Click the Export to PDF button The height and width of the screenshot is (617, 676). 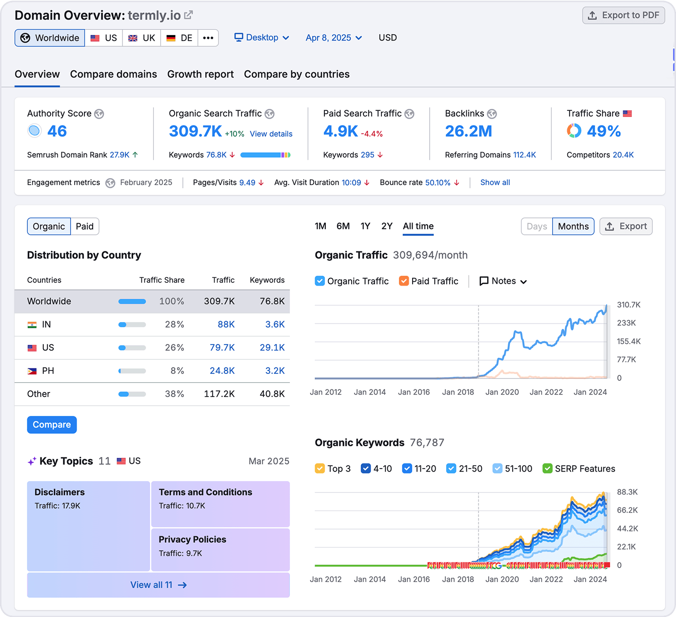pyautogui.click(x=623, y=16)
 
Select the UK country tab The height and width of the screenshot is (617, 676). pyautogui.click(x=141, y=38)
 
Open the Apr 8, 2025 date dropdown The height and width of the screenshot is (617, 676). pyautogui.click(x=334, y=38)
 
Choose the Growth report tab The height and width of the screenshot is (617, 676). pyautogui.click(x=200, y=74)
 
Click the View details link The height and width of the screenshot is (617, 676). pyautogui.click(x=271, y=134)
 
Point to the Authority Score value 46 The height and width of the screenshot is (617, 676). pyautogui.click(x=57, y=131)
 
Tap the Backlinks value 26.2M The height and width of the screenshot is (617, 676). pyautogui.click(x=468, y=131)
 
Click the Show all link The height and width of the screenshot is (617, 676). pyautogui.click(x=495, y=183)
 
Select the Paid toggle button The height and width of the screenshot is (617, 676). pyautogui.click(x=84, y=226)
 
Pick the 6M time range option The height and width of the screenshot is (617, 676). pyautogui.click(x=343, y=226)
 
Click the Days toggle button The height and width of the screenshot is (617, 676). pyautogui.click(x=537, y=226)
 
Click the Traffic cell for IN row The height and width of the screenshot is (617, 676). pyautogui.click(x=226, y=325)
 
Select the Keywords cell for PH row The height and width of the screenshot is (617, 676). pyautogui.click(x=275, y=371)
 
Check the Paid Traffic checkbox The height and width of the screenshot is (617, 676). pyautogui.click(x=404, y=281)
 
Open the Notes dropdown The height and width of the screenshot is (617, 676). pyautogui.click(x=503, y=281)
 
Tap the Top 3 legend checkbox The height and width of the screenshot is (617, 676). pyautogui.click(x=320, y=469)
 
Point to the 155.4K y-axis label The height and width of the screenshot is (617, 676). pyautogui.click(x=629, y=341)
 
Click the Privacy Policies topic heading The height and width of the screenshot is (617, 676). pyautogui.click(x=192, y=539)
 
